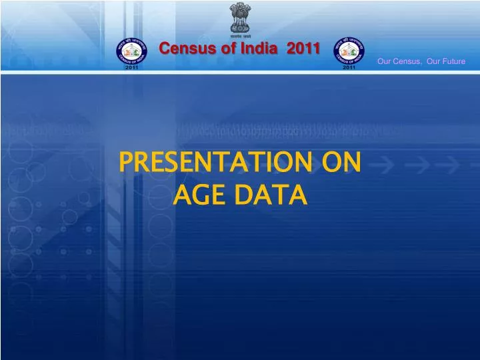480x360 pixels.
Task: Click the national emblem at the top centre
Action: coord(239,16)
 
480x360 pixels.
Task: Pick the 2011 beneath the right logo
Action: coord(348,69)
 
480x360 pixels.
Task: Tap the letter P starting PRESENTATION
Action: coord(124,163)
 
